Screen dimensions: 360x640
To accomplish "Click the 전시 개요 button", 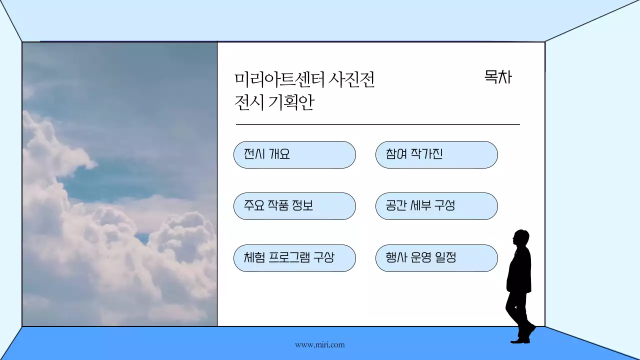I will click(x=294, y=154).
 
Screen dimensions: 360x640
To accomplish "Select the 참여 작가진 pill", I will click(x=436, y=154).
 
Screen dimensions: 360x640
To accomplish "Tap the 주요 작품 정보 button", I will click(x=294, y=206).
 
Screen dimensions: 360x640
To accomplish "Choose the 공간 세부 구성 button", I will click(x=436, y=206).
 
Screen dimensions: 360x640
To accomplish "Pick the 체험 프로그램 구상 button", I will click(x=294, y=258).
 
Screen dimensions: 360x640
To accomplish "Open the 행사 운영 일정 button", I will click(x=436, y=258).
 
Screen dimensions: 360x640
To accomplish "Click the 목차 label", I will click(x=498, y=77).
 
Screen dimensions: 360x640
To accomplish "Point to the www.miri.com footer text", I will click(x=319, y=344).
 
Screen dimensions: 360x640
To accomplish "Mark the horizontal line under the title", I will click(x=377, y=124).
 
